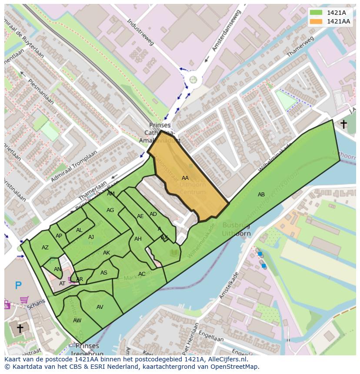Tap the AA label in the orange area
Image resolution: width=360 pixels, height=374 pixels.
click(x=185, y=178)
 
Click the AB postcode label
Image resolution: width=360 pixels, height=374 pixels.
click(x=261, y=195)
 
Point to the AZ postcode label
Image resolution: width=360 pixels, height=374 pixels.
click(x=45, y=248)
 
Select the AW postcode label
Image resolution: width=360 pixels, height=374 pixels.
click(x=77, y=321)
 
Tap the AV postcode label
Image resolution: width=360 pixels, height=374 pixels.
click(x=100, y=307)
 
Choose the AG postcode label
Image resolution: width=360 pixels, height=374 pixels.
click(x=110, y=210)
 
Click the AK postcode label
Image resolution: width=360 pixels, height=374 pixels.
click(x=107, y=253)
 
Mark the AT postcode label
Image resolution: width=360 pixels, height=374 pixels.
click(x=62, y=284)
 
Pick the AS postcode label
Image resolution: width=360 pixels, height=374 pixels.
click(x=103, y=273)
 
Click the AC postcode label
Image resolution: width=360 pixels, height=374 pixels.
click(x=142, y=274)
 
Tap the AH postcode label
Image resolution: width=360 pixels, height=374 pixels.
click(x=138, y=239)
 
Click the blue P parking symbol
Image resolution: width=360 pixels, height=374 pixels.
click(x=18, y=285)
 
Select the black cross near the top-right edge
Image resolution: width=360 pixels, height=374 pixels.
click(x=343, y=125)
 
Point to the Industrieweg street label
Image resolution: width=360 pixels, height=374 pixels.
click(x=141, y=33)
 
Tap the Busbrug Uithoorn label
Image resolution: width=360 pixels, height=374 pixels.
click(x=237, y=229)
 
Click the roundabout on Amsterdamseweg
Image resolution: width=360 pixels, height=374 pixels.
click(x=193, y=79)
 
